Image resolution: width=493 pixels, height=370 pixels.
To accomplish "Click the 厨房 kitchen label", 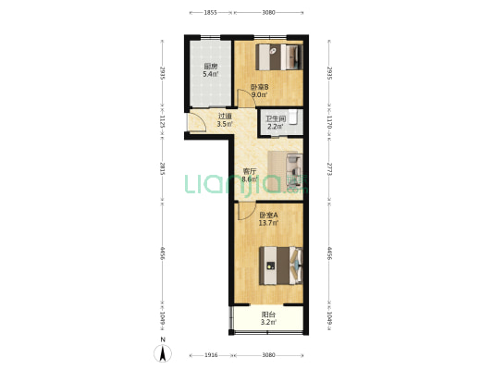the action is click(x=211, y=67).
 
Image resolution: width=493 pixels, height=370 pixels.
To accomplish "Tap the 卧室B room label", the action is click(x=259, y=87).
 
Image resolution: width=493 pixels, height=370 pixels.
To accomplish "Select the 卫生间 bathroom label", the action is click(x=276, y=118).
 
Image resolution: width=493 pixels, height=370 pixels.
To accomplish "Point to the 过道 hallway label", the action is click(x=225, y=116).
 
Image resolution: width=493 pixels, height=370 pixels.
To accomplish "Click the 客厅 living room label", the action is click(x=250, y=171).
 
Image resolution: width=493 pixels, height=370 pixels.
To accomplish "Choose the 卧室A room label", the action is click(x=268, y=216).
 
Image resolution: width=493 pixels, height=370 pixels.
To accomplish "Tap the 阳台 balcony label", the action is click(x=268, y=314).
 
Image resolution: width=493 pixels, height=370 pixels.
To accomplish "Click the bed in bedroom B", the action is click(x=279, y=57).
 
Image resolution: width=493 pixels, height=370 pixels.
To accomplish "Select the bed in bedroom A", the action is click(x=281, y=265).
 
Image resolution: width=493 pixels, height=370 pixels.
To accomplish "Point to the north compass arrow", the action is click(x=163, y=353).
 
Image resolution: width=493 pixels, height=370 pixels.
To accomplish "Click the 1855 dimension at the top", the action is click(x=210, y=13).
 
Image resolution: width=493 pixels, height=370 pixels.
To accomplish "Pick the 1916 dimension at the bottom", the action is click(x=211, y=355).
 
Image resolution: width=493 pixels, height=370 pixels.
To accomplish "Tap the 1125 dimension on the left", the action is click(x=162, y=121).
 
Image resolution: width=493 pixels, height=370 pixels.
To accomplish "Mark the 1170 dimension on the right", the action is click(x=329, y=122).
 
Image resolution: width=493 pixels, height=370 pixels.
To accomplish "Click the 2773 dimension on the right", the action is click(x=329, y=168).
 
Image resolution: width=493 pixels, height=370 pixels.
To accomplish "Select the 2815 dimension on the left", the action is click(x=162, y=168).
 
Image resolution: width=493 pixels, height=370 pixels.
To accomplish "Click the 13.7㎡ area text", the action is click(x=268, y=223).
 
